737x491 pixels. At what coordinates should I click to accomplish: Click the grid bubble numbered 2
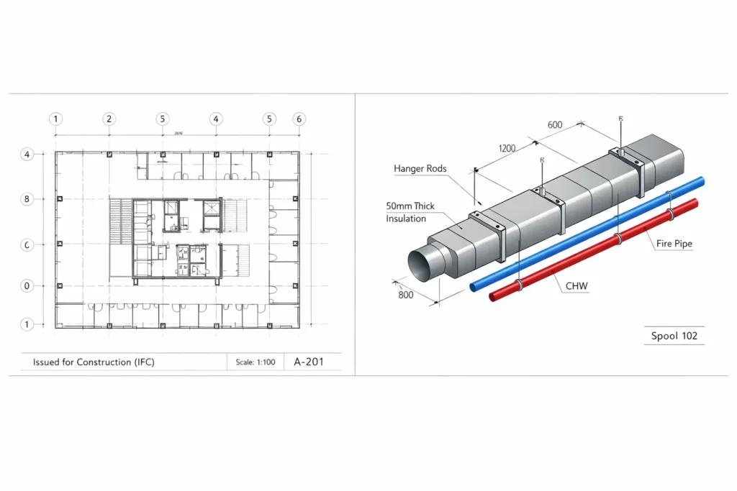tap(109, 119)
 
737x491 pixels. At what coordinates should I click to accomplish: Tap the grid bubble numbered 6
tap(299, 119)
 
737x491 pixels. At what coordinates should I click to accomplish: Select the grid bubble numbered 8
tap(27, 199)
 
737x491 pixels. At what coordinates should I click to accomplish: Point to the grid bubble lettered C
tap(27, 245)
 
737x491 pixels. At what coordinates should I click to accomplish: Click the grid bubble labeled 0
tap(27, 285)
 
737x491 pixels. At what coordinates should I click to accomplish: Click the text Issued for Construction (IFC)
tap(94, 362)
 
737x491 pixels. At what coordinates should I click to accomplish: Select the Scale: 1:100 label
tap(256, 362)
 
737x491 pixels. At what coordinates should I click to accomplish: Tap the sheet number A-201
tap(309, 362)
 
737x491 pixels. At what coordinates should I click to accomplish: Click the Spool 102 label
tap(674, 336)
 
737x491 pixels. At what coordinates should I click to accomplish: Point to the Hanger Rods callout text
tap(420, 169)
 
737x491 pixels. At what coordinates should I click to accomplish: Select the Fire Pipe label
tap(674, 244)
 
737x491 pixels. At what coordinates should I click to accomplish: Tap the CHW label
tap(577, 286)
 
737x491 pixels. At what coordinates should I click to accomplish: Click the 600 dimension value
tap(555, 125)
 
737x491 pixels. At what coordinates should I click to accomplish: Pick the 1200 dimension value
tap(507, 148)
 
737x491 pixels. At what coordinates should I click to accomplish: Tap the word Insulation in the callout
tap(406, 219)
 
